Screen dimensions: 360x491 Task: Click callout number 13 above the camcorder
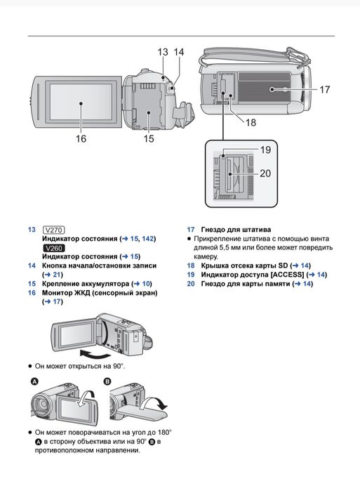coord(163,52)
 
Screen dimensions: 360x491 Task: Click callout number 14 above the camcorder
coord(178,52)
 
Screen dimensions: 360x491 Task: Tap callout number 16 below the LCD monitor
coord(81,138)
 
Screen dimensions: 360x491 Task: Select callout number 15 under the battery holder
coord(149,138)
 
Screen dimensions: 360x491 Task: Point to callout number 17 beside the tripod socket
coord(325,89)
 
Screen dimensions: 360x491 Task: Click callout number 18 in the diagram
coord(251,122)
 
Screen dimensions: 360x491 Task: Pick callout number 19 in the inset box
coord(265,150)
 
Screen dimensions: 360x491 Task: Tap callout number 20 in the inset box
coord(265,174)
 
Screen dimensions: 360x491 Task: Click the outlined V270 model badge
coord(53,230)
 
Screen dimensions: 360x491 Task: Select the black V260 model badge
coord(53,248)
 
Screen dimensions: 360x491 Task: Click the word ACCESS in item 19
coord(287,275)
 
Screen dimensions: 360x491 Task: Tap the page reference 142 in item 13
coord(147,239)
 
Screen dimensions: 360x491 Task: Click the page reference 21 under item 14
coord(57,275)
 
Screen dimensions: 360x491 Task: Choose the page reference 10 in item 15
coord(146,284)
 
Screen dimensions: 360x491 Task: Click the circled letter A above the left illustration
coord(34,381)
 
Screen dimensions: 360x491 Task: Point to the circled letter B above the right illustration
coord(107,381)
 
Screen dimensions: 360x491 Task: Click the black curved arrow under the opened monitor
coord(95,354)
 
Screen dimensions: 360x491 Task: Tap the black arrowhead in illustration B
coord(163,406)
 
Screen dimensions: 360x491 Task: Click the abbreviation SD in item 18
coord(283,266)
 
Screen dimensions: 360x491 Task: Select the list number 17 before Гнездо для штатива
coord(191,230)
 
